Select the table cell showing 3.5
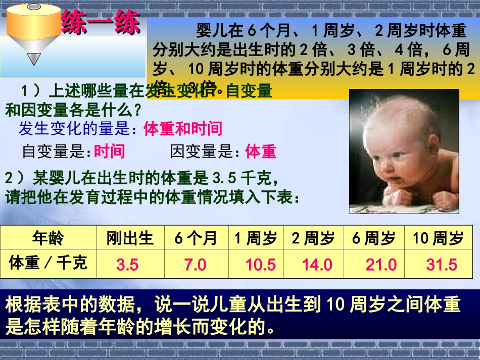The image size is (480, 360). pos(127,265)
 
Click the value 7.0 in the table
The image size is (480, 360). pos(196,265)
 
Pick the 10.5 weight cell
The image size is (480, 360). pos(260,265)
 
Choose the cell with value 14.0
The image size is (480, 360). pos(317,265)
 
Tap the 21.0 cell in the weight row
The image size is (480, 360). pos(381,265)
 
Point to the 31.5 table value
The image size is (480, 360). pos(441,265)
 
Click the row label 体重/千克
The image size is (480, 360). pos(48,263)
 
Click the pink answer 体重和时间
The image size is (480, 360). pos(183,129)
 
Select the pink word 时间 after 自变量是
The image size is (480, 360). pos(109,151)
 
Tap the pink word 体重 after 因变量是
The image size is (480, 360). pos(261,151)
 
